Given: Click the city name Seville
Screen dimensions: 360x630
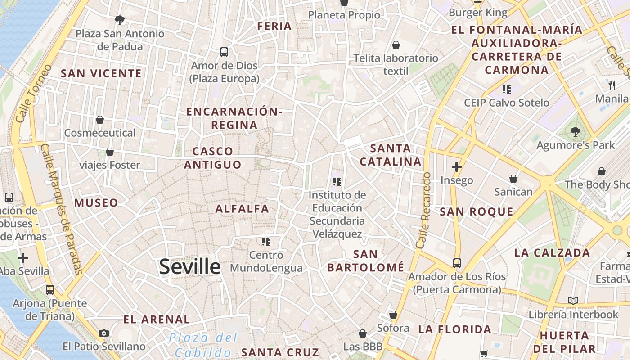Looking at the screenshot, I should (x=190, y=267).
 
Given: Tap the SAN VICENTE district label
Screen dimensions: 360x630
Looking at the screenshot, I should (x=101, y=73).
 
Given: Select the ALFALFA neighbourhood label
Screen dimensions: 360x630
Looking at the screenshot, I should (x=242, y=209).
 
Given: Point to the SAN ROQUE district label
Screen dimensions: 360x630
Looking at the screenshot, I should (x=477, y=212).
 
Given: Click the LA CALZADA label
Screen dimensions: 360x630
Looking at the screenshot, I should (x=552, y=253).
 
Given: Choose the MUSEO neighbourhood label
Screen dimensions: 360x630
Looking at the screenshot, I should (x=96, y=203).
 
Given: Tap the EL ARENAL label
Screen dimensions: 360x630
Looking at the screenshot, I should (x=157, y=319).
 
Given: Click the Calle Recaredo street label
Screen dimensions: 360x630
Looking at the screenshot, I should (x=424, y=211).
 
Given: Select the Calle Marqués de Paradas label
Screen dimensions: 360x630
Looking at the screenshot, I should (x=62, y=209).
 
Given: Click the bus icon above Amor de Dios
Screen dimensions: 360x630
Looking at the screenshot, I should (x=224, y=52).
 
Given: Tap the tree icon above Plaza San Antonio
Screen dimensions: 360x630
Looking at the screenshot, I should (x=120, y=20).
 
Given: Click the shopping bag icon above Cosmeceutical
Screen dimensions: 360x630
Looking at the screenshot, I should (x=100, y=120).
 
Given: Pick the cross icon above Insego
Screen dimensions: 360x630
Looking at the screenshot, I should (x=457, y=167).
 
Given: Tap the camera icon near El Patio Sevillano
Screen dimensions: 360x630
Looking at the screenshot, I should (x=104, y=333).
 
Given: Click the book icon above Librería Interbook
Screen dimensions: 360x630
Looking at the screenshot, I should (x=573, y=301).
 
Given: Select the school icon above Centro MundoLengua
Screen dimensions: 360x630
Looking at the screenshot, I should (x=266, y=242).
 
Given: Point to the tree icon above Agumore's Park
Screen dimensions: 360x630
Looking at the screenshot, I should (x=575, y=132).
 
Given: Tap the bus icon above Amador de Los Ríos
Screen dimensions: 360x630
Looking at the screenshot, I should (x=457, y=263).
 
